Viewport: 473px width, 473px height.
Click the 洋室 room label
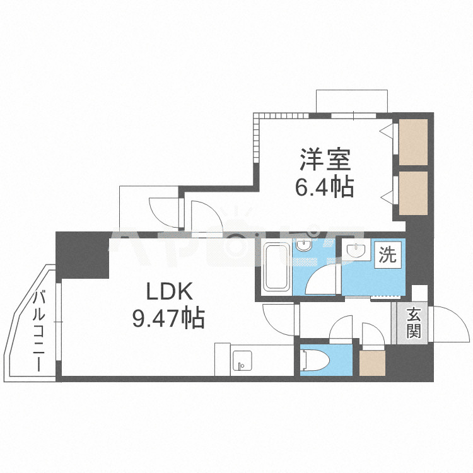[325, 159]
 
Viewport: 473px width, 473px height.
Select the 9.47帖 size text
[168, 319]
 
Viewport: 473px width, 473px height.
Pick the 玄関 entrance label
[413, 323]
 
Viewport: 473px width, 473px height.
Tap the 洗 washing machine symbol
[388, 255]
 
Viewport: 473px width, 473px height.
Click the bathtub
[276, 267]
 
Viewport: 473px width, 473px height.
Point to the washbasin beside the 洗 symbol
[358, 251]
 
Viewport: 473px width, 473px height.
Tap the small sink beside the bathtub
[305, 247]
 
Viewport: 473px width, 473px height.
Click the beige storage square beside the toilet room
[372, 362]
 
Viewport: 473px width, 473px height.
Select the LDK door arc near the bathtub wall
[277, 322]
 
